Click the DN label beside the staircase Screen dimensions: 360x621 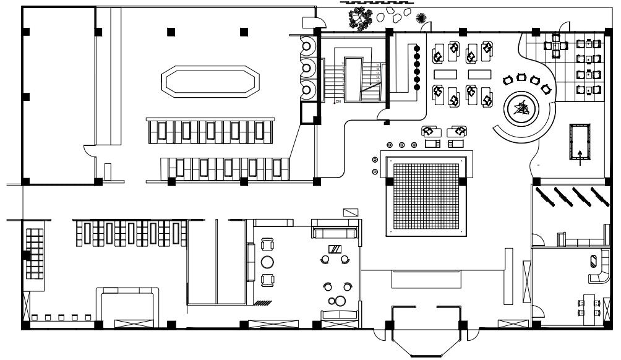pos(338,101)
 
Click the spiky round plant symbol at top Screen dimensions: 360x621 pos(422,17)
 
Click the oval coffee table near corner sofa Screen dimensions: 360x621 pos(594,260)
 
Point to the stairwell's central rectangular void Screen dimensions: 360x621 pos(354,80)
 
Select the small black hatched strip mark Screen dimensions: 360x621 pos(262,302)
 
